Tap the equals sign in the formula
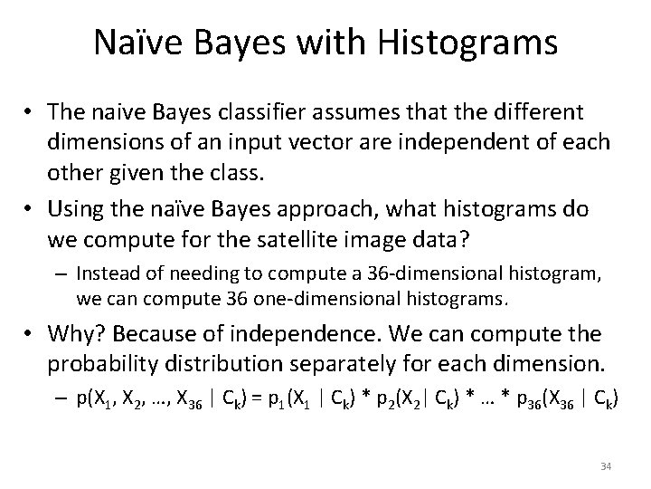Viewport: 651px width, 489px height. click(x=248, y=398)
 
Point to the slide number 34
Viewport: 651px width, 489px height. click(x=606, y=465)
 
